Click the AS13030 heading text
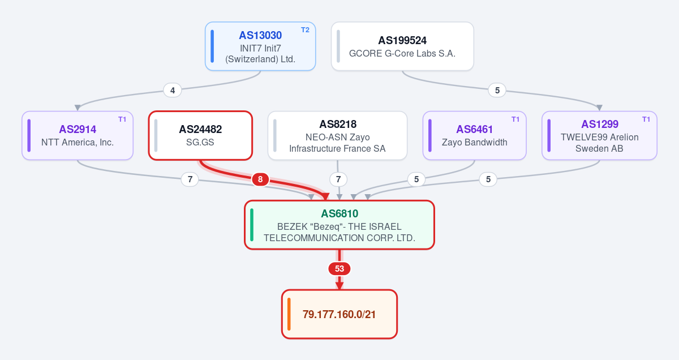click(x=260, y=36)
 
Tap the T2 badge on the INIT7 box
click(x=305, y=30)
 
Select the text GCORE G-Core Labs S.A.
click(x=402, y=53)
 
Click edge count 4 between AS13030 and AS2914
click(x=173, y=91)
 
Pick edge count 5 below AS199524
click(x=497, y=91)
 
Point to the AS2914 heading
click(x=78, y=130)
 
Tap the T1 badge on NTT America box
click(x=122, y=119)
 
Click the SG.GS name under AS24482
click(x=200, y=142)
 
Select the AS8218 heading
click(x=338, y=124)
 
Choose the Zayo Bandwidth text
click(x=474, y=142)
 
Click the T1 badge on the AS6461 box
click(x=515, y=119)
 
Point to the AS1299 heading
click(x=600, y=124)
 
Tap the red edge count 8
click(x=260, y=179)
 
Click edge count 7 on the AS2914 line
click(x=190, y=179)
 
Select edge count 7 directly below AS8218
click(x=338, y=179)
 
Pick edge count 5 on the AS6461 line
click(x=416, y=179)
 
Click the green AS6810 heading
click(x=339, y=214)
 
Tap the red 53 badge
click(x=339, y=269)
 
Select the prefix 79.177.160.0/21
click(x=339, y=315)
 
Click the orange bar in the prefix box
click(x=289, y=314)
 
